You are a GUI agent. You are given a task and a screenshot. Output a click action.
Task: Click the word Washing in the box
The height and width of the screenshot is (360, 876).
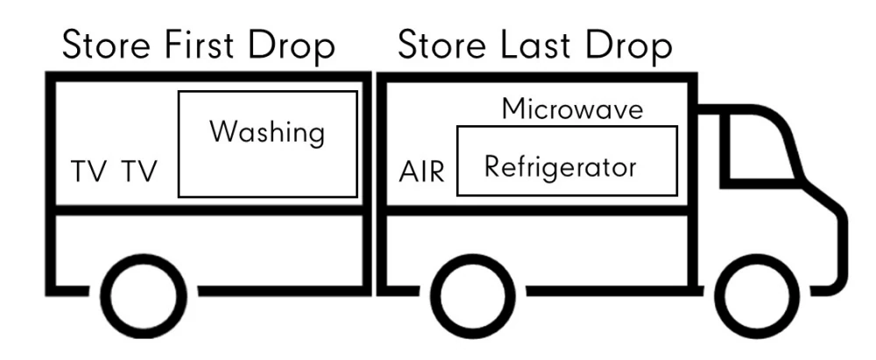(267, 135)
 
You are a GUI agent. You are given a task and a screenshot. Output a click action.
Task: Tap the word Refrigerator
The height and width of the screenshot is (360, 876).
(561, 166)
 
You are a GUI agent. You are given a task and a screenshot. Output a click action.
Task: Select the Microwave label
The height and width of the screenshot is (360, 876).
(573, 110)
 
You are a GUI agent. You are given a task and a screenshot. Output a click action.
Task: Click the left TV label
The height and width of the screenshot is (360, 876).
(89, 172)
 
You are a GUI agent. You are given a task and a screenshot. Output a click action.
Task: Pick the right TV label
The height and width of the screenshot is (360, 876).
(139, 172)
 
